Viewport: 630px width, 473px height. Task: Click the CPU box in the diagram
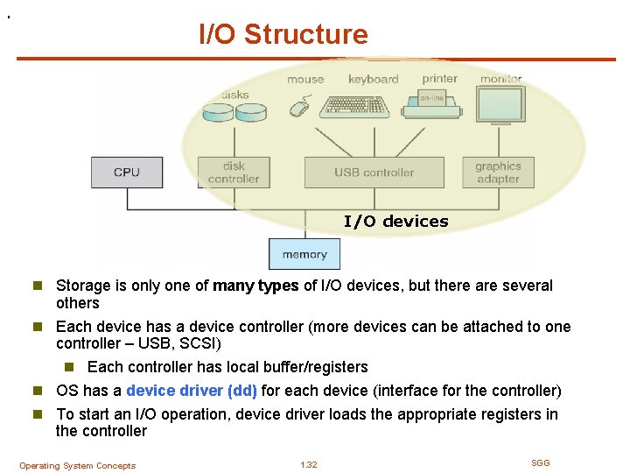[x=127, y=172]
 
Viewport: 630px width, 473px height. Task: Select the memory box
[x=304, y=254]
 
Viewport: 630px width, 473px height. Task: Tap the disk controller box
[x=234, y=172]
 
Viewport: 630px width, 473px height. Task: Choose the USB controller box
[x=374, y=172]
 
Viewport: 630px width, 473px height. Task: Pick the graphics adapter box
[x=498, y=172]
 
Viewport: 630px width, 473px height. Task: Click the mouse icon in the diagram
[x=300, y=108]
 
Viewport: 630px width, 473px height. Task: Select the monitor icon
[x=500, y=109]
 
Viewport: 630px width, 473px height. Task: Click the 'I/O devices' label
[x=395, y=222]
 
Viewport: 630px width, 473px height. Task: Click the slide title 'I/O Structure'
[x=283, y=35]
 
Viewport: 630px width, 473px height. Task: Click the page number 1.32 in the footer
[x=308, y=465]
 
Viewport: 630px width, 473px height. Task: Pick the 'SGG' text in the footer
[x=541, y=462]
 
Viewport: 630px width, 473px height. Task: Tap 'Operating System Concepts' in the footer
[x=78, y=466]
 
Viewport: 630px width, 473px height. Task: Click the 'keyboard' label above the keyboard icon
[x=373, y=79]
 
